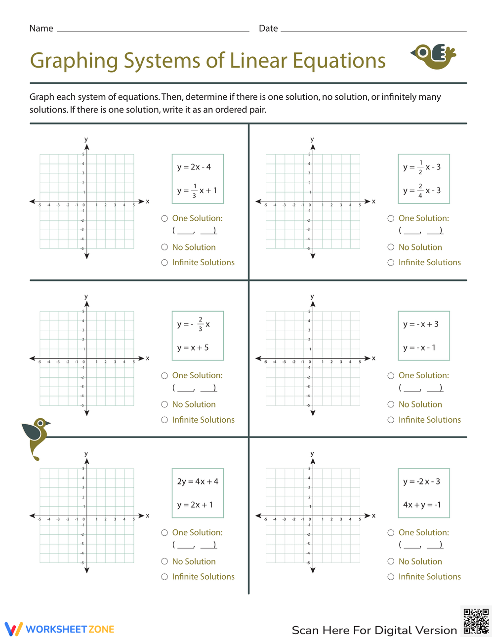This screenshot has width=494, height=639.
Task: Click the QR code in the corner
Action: [476, 621]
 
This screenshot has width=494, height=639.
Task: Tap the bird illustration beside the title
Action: [434, 56]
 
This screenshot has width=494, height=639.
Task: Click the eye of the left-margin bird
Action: [41, 423]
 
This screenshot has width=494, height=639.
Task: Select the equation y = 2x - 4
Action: [194, 167]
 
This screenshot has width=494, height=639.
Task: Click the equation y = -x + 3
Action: [421, 324]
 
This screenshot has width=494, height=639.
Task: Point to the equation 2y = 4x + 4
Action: [198, 481]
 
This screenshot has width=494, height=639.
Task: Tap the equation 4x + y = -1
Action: [422, 505]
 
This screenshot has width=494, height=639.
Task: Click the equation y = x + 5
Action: [193, 348]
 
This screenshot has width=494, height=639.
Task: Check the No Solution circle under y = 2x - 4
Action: [165, 247]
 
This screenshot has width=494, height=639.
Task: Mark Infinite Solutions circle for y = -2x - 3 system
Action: [391, 576]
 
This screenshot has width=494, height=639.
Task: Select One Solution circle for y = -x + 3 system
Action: [391, 375]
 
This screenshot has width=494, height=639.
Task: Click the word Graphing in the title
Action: [74, 61]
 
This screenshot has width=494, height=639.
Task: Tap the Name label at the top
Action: [41, 28]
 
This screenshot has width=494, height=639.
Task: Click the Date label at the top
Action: [268, 28]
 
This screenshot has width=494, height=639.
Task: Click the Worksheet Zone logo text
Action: [70, 629]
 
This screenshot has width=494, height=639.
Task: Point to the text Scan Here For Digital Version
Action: [374, 630]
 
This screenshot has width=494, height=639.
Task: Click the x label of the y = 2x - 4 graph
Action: [147, 201]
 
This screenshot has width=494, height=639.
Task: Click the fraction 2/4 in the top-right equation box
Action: [420, 191]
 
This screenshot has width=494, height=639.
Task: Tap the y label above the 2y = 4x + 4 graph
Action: [86, 453]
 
